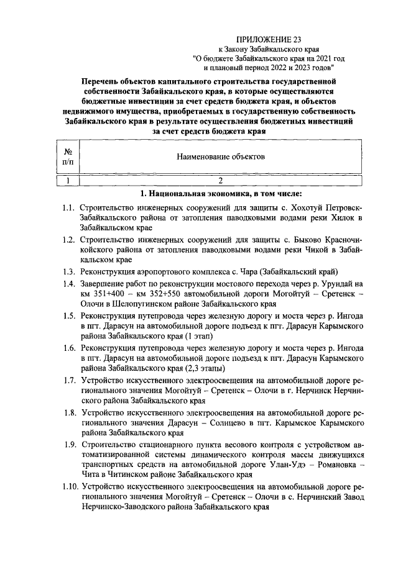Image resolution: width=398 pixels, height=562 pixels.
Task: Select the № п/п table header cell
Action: point(68,158)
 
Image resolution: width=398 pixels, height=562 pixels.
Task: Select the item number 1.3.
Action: point(68,271)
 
